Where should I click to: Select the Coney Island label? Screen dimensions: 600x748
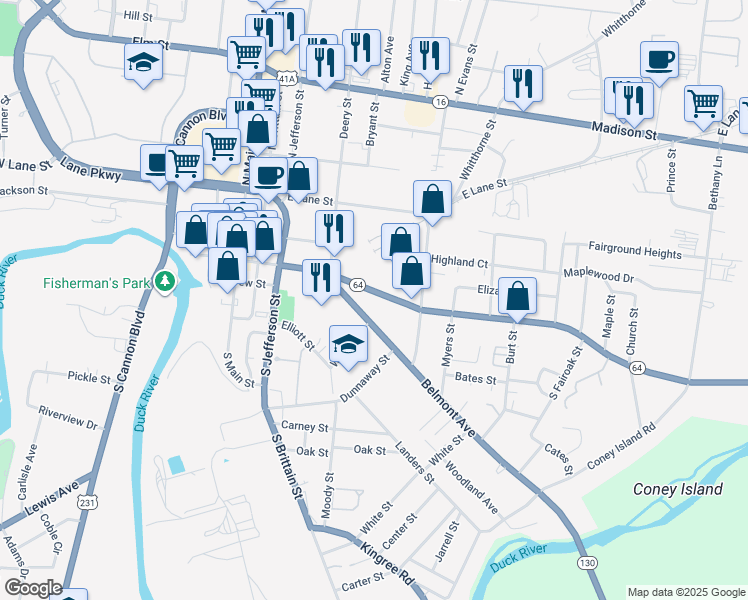pos(677,489)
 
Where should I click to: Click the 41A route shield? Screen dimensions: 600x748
pos(287,78)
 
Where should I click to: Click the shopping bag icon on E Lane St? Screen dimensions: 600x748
pos(432,200)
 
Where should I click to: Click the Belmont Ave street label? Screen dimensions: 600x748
pos(448,408)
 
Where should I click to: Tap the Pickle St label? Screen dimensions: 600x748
pos(88,377)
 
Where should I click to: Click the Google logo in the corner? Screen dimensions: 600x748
pos(32,588)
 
